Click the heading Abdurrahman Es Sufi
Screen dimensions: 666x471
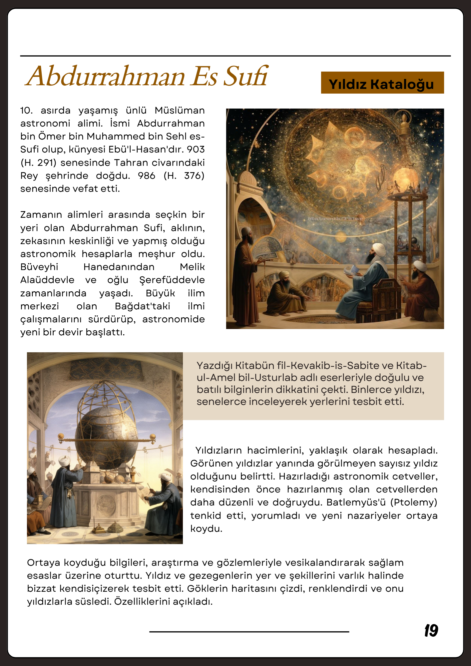(147, 76)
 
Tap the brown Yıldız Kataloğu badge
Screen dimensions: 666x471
(382, 83)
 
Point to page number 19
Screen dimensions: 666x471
(431, 631)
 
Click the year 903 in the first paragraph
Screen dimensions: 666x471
(196, 149)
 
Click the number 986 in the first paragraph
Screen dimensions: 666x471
(146, 175)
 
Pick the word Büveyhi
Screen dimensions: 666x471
(39, 267)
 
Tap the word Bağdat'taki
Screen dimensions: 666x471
(143, 306)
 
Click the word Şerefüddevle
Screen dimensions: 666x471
(172, 280)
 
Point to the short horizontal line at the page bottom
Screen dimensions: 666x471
(249, 631)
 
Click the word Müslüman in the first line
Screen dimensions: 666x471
(180, 110)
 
